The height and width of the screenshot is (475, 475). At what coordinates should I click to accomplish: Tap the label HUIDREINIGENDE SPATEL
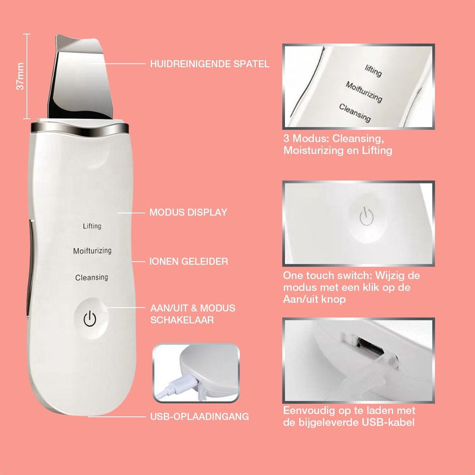point(210,64)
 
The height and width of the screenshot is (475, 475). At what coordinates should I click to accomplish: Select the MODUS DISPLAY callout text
point(188,212)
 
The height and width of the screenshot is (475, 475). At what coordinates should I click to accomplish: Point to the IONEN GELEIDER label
point(189,261)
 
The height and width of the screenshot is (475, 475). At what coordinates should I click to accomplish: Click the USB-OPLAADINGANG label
point(199,417)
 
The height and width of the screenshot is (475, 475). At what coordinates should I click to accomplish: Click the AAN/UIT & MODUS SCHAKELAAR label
point(192,313)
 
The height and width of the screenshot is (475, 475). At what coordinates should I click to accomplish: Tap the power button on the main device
point(90,319)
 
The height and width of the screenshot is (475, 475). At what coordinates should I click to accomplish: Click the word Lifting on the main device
point(92,226)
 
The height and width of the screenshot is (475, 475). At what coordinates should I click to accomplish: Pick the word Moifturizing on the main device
point(92,251)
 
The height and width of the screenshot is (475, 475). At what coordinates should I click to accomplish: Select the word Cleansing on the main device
point(91,277)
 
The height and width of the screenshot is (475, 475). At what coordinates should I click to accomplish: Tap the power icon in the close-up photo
point(365,217)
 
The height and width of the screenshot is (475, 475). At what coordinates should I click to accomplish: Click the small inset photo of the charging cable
point(196,372)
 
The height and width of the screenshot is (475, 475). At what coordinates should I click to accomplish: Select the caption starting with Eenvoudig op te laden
point(349,416)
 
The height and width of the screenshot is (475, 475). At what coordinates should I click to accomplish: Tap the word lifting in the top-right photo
point(373,71)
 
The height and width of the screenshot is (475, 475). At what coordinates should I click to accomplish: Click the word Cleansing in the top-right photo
point(355,112)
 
